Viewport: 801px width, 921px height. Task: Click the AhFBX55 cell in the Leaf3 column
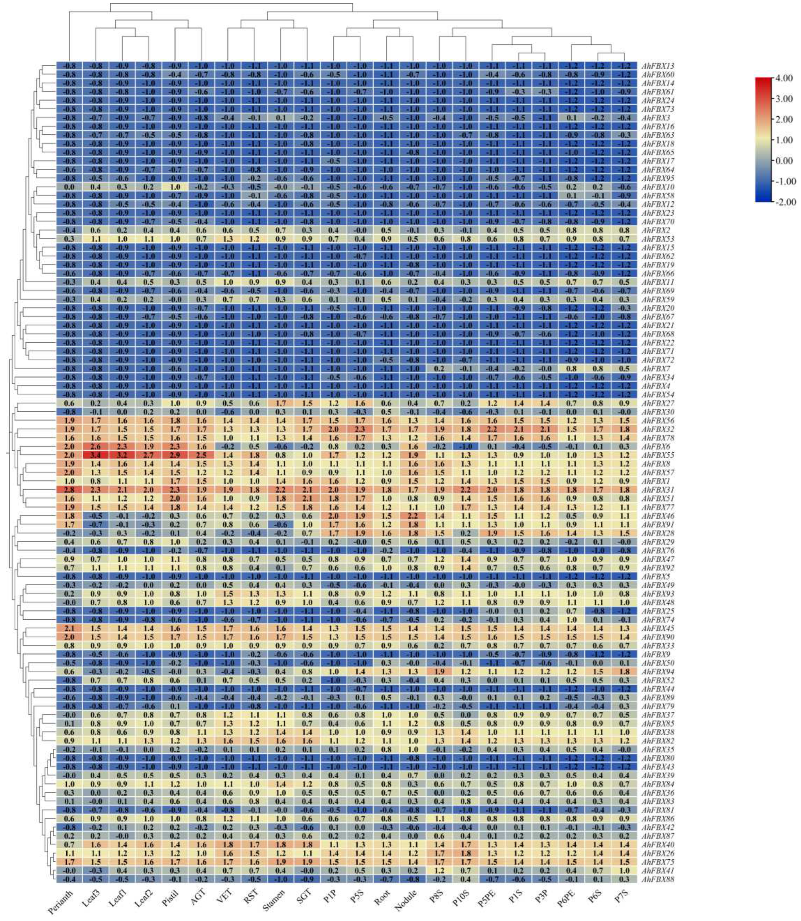95,455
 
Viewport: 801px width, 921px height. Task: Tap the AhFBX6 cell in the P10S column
465,446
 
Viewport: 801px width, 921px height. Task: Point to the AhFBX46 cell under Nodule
412,516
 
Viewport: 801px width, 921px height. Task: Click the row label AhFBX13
658,66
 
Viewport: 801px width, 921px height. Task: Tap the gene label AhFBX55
658,455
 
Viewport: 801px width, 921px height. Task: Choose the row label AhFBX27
658,403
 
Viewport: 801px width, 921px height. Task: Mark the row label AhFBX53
658,238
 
